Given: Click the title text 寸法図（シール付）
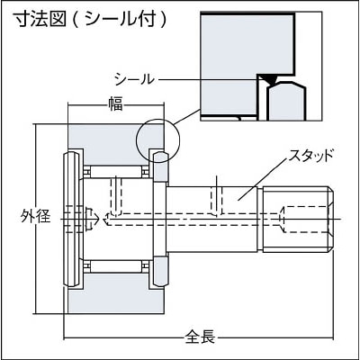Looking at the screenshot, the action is [91, 20].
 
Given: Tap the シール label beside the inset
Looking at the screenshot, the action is [134, 79].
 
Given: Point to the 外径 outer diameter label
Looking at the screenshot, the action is [36, 216].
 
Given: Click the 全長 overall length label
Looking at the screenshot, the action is [200, 337].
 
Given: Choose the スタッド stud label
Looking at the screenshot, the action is [310, 156].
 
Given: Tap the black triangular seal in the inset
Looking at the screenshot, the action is [268, 79].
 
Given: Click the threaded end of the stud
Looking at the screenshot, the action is [298, 220].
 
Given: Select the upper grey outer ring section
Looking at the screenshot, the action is [116, 144].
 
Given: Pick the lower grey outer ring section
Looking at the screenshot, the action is [116, 293].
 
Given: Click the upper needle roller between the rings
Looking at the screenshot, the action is [116, 172].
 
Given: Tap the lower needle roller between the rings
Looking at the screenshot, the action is [116, 266].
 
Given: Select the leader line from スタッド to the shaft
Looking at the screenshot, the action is [261, 180].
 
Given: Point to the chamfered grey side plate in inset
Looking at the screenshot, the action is [287, 102].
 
